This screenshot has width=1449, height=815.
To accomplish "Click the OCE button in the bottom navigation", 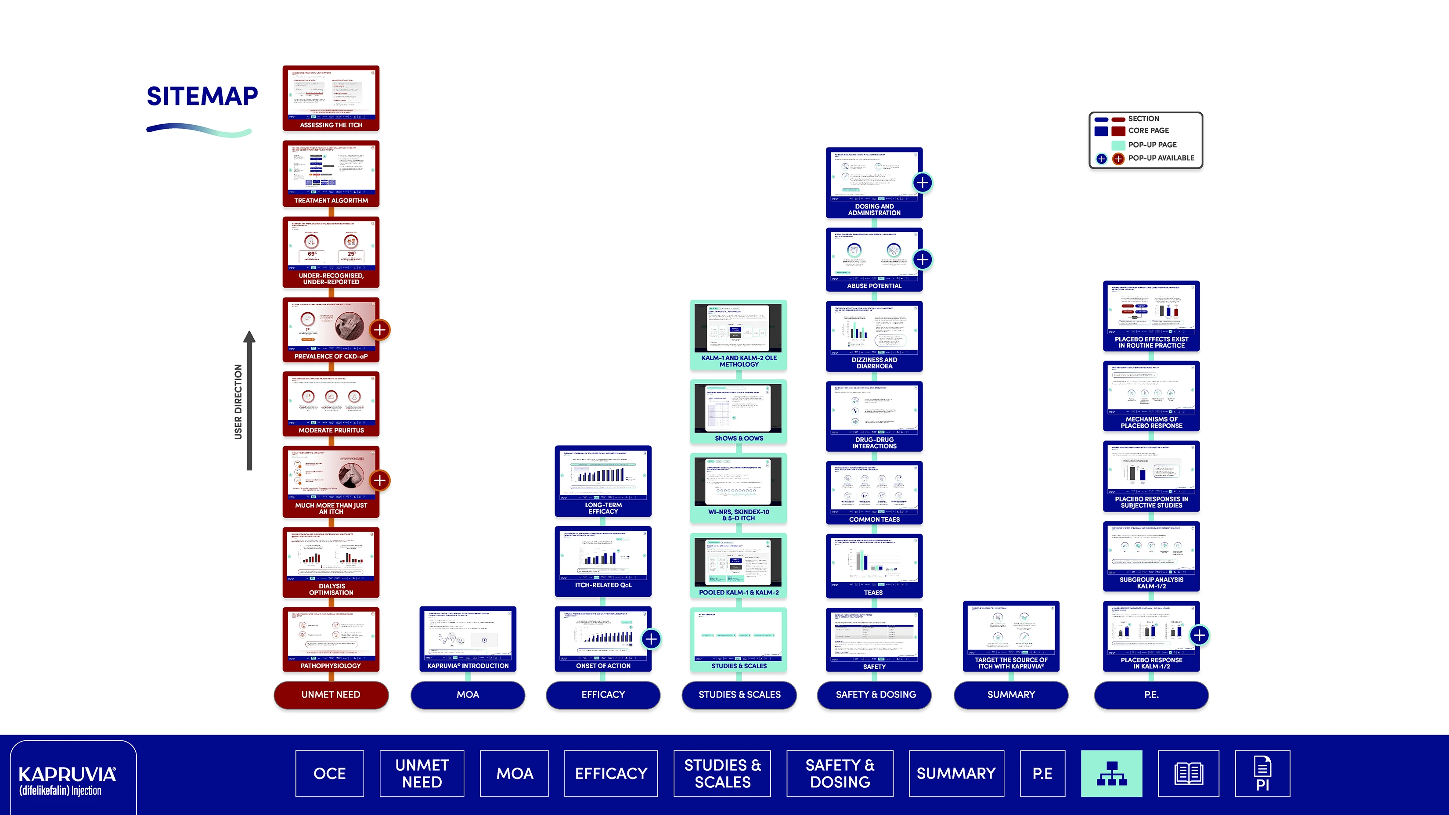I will click(330, 773).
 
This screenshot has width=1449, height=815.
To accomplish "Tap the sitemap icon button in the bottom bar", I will click(1111, 773).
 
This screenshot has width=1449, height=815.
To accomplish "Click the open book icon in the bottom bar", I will click(1189, 773).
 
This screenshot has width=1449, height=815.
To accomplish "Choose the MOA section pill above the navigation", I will click(468, 695).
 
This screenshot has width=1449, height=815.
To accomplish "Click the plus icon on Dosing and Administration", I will click(923, 183).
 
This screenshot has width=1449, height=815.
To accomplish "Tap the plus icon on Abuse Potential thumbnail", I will click(923, 260).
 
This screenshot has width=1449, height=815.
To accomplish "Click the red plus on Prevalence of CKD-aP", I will click(380, 330).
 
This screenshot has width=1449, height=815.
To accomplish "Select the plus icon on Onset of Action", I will click(651, 639).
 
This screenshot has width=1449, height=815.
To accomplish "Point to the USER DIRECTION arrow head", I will click(249, 337).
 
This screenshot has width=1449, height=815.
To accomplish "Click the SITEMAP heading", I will click(202, 96).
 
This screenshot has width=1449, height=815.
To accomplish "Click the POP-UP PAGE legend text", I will click(1152, 144).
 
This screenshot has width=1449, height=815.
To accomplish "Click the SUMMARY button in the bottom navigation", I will click(956, 773).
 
